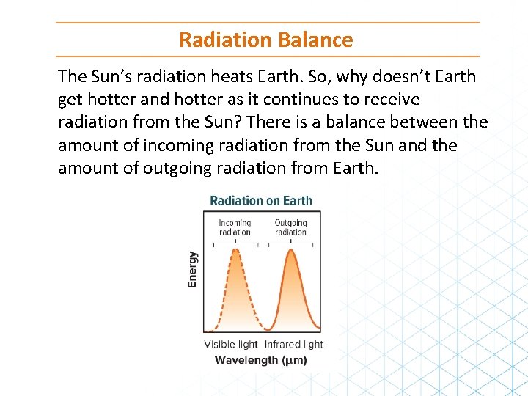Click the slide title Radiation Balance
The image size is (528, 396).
point(265,40)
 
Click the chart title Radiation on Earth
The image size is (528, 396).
point(261,201)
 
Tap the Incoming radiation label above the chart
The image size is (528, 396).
point(235,227)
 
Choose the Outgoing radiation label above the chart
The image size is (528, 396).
point(291,227)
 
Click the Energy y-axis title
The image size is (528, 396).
point(193,269)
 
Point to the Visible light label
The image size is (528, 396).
point(231,344)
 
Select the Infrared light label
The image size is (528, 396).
point(293,344)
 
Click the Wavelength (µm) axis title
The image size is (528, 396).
point(261,360)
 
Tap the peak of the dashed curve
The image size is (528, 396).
point(235,249)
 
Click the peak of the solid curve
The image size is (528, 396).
point(291,251)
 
